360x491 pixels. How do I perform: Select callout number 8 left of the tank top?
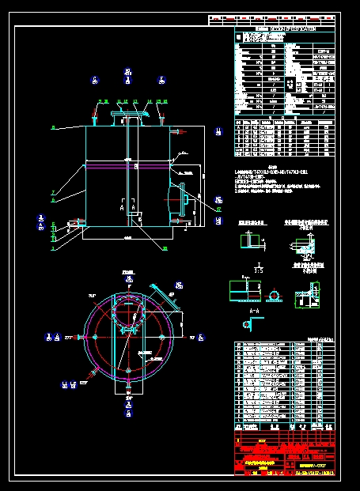coord(53,127)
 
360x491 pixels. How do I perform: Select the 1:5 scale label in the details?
coord(258,269)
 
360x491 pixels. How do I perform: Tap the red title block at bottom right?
coord(285,455)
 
